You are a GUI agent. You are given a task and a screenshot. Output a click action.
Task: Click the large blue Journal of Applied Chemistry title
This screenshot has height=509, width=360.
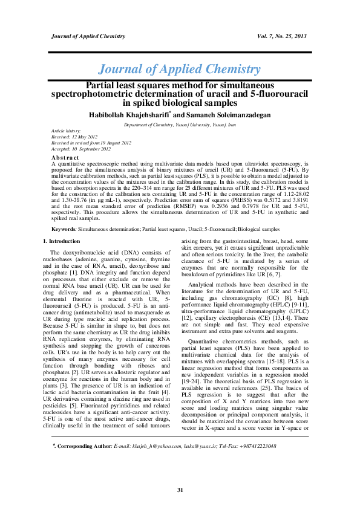click(x=180, y=70)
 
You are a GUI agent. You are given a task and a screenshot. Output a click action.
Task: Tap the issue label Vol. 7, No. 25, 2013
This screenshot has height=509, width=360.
click(x=282, y=36)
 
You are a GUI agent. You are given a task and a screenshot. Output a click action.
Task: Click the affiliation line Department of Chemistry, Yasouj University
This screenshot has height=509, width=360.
click(x=179, y=124)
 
